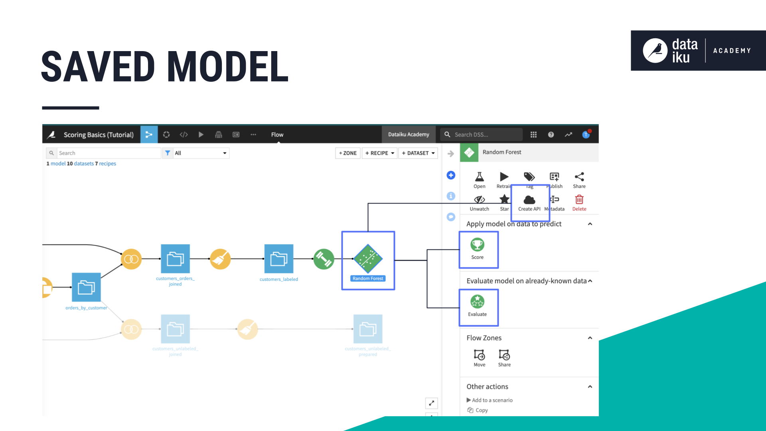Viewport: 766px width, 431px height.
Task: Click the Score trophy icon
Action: click(477, 245)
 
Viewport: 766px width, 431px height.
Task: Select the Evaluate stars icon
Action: click(477, 302)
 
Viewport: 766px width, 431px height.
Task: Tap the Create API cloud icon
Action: click(529, 200)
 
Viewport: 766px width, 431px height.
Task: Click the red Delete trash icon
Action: click(579, 200)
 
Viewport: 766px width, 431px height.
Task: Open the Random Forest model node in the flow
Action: click(368, 259)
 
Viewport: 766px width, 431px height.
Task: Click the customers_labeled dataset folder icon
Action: click(278, 259)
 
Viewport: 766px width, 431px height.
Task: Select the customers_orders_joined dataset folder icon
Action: click(175, 259)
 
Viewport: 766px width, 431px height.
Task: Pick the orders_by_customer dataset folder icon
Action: click(86, 287)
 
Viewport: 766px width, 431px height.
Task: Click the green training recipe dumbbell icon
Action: click(324, 259)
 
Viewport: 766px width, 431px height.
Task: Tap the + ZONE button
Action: click(347, 153)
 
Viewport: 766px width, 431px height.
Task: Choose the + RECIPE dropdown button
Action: click(379, 153)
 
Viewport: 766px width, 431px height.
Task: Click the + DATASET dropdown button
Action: click(418, 153)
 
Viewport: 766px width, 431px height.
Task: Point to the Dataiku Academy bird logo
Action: click(655, 51)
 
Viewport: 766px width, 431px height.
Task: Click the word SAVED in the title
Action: click(98, 67)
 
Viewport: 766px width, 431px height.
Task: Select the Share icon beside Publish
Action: click(579, 177)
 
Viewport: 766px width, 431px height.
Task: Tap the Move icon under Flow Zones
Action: click(479, 355)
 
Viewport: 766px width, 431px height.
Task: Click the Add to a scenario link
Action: click(492, 400)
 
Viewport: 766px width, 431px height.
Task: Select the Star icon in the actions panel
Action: click(504, 199)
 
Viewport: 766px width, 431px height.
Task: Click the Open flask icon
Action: click(479, 177)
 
